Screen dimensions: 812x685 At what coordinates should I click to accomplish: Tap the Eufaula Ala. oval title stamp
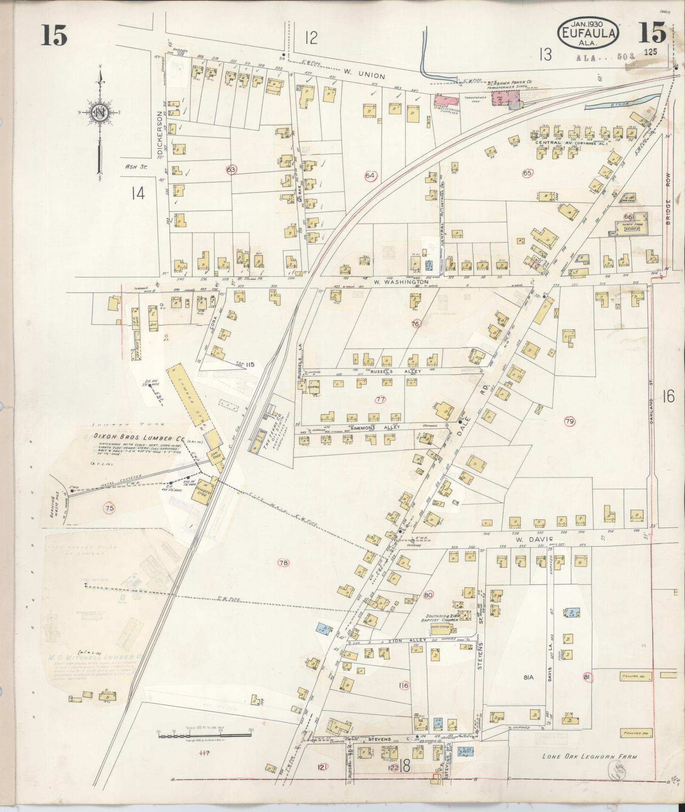[588, 32]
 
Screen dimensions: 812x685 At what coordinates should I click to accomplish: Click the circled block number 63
[231, 169]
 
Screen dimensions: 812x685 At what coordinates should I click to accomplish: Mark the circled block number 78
[284, 563]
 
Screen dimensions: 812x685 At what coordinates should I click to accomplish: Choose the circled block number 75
[110, 508]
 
